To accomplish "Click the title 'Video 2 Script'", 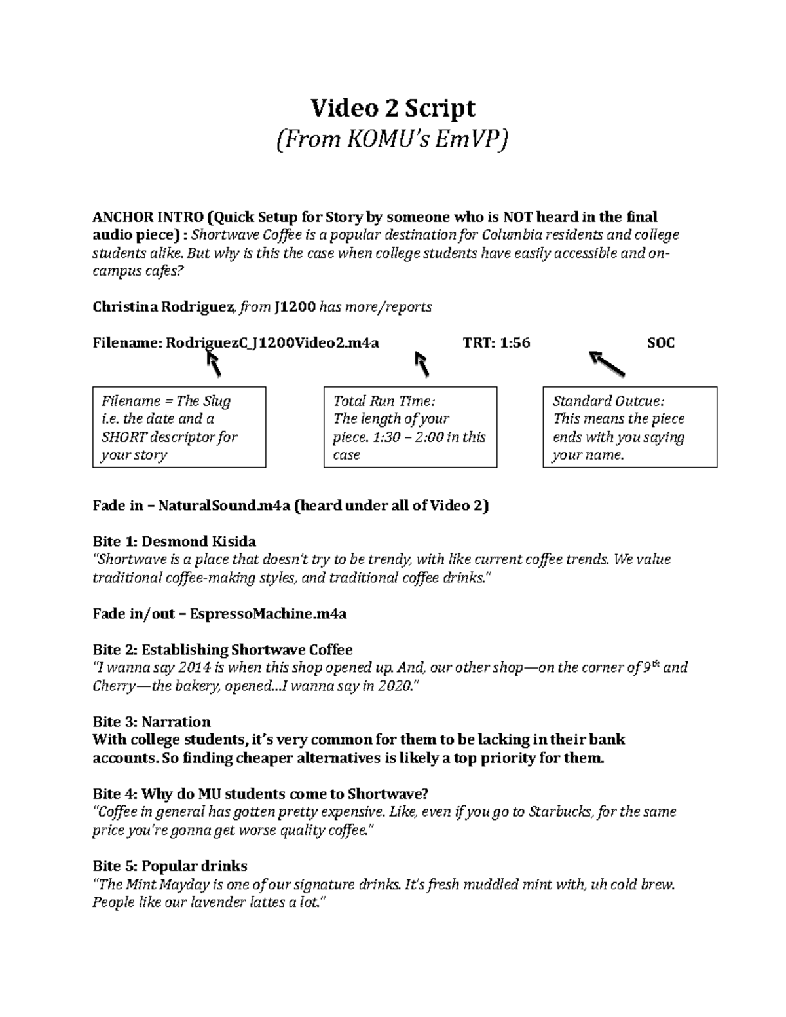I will [x=392, y=107].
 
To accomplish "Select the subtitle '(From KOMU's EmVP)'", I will [x=392, y=139].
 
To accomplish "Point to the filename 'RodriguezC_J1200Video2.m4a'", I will [x=272, y=342].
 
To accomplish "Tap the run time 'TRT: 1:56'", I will [x=496, y=342].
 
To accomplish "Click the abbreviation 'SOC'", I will [x=660, y=342].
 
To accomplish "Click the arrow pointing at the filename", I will [x=214, y=363].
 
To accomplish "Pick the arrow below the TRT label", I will [x=422, y=363].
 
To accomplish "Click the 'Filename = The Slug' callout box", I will [x=179, y=427].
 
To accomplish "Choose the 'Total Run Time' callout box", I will [x=410, y=427].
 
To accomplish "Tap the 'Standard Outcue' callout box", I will [x=629, y=427].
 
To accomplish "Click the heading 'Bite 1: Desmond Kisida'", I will [x=174, y=542].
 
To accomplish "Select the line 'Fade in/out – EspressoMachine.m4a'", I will [x=219, y=614].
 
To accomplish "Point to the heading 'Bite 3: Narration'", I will [x=151, y=722].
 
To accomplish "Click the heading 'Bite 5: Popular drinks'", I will [x=170, y=866].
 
